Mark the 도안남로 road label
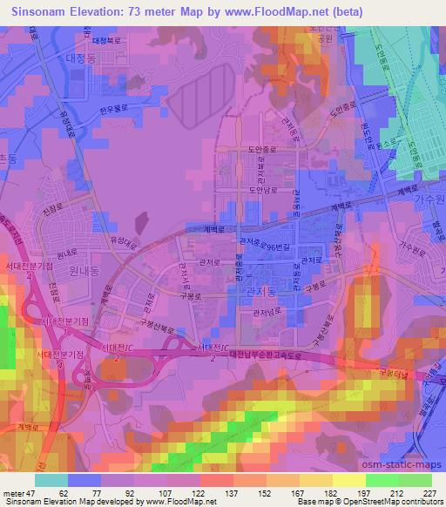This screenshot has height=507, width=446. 263,188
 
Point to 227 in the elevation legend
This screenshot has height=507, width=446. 427,490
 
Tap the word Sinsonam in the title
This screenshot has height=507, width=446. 44,11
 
